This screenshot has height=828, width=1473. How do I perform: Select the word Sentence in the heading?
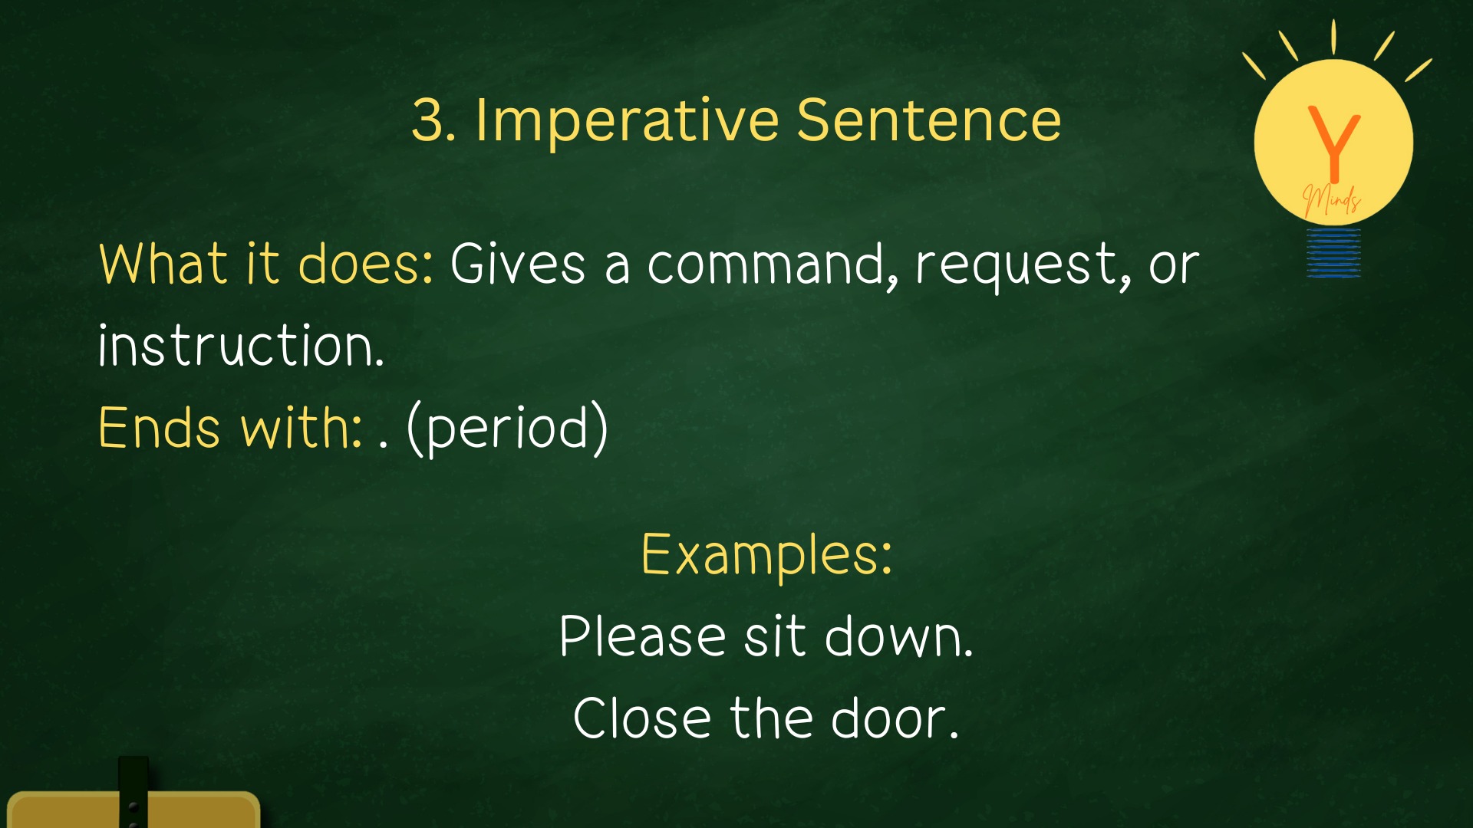[x=929, y=120]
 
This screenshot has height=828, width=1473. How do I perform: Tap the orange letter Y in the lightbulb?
[x=1334, y=143]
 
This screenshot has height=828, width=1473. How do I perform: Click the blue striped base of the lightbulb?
[x=1334, y=252]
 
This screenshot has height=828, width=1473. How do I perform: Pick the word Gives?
[x=518, y=264]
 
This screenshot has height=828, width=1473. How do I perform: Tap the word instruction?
[x=241, y=345]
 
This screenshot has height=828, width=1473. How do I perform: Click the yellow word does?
[x=365, y=264]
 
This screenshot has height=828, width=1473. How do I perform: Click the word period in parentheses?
[x=507, y=429]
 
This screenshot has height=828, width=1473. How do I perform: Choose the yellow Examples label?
[x=767, y=555]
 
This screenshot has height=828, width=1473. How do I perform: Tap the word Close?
[x=642, y=718]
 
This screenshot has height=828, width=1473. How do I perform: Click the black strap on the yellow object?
[x=133, y=792]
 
